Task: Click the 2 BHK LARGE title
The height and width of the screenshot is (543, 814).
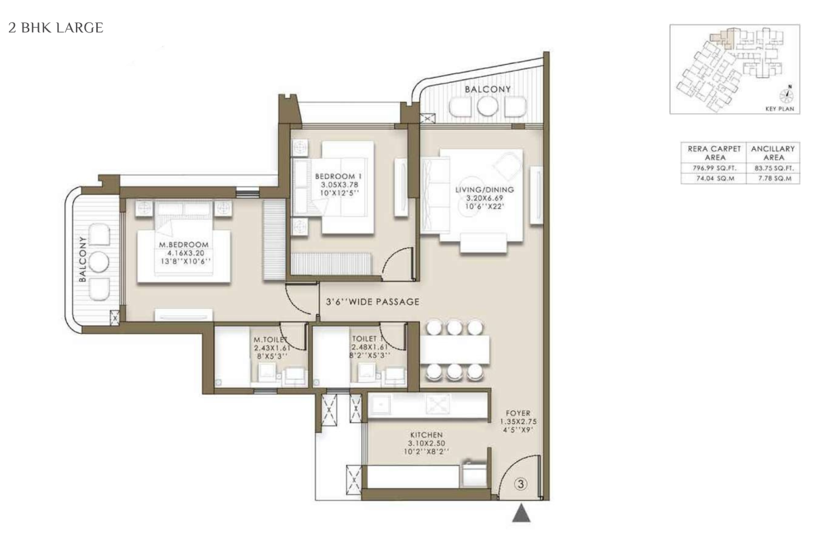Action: point(56,28)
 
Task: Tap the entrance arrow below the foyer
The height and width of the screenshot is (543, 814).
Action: point(521,513)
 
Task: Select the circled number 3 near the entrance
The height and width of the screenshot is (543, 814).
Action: point(521,484)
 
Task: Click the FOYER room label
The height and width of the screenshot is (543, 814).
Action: point(518,413)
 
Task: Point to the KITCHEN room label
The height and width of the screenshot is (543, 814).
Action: point(426,435)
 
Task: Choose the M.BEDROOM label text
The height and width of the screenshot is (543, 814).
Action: point(184,245)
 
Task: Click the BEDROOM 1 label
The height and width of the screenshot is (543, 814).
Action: point(339,176)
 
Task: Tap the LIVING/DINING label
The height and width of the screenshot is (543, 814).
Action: point(484,189)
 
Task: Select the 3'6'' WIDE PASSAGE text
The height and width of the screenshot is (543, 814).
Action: point(372,301)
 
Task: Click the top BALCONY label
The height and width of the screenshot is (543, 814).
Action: point(488,89)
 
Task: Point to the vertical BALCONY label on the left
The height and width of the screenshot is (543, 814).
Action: point(83,259)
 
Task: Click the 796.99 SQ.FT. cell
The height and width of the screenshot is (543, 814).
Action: point(714,168)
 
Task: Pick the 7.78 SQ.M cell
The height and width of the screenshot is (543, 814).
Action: point(774,179)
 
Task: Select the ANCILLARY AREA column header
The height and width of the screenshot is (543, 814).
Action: point(773,153)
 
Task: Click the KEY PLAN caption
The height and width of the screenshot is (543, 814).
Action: point(779,109)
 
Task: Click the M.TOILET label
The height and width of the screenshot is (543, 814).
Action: point(270,339)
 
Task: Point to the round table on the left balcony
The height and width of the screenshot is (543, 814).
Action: point(99,261)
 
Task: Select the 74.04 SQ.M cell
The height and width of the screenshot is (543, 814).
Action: point(714,179)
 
